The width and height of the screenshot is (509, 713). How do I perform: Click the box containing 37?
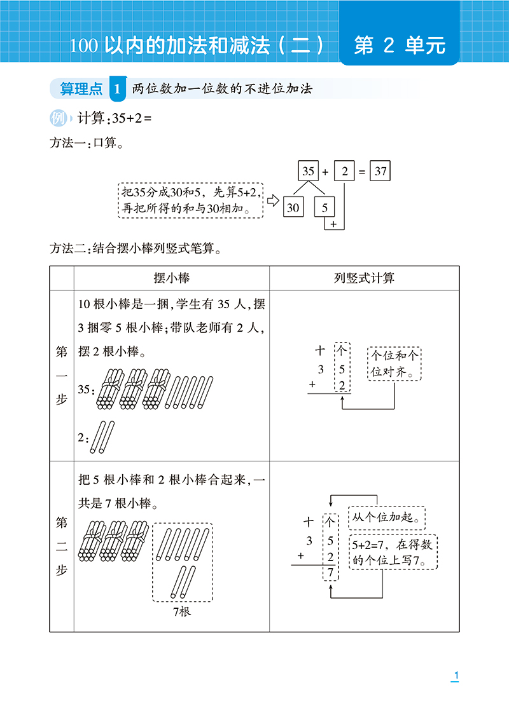click(x=380, y=171)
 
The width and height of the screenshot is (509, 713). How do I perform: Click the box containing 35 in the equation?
click(x=308, y=171)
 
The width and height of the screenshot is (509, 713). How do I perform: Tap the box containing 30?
click(x=293, y=207)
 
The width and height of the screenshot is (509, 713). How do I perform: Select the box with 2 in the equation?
click(x=344, y=171)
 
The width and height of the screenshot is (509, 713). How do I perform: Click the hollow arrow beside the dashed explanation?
click(x=273, y=201)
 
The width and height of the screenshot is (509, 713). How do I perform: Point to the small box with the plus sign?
click(x=334, y=224)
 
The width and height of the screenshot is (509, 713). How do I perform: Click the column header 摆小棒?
click(x=172, y=278)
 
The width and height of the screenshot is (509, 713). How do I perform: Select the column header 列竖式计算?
click(x=364, y=278)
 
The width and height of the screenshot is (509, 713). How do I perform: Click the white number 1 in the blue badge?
click(x=118, y=89)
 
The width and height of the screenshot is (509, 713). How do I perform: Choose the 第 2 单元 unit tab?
click(x=400, y=45)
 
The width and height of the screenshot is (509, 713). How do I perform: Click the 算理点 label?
click(x=81, y=89)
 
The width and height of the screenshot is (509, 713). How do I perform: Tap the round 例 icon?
click(x=58, y=118)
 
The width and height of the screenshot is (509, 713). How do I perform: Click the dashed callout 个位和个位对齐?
click(x=394, y=363)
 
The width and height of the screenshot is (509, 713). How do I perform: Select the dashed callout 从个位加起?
click(x=387, y=518)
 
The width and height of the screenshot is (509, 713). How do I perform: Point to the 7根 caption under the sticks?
click(x=182, y=611)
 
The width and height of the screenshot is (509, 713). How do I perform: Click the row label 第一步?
click(x=62, y=375)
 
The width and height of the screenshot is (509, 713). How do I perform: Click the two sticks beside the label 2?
click(x=102, y=437)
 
